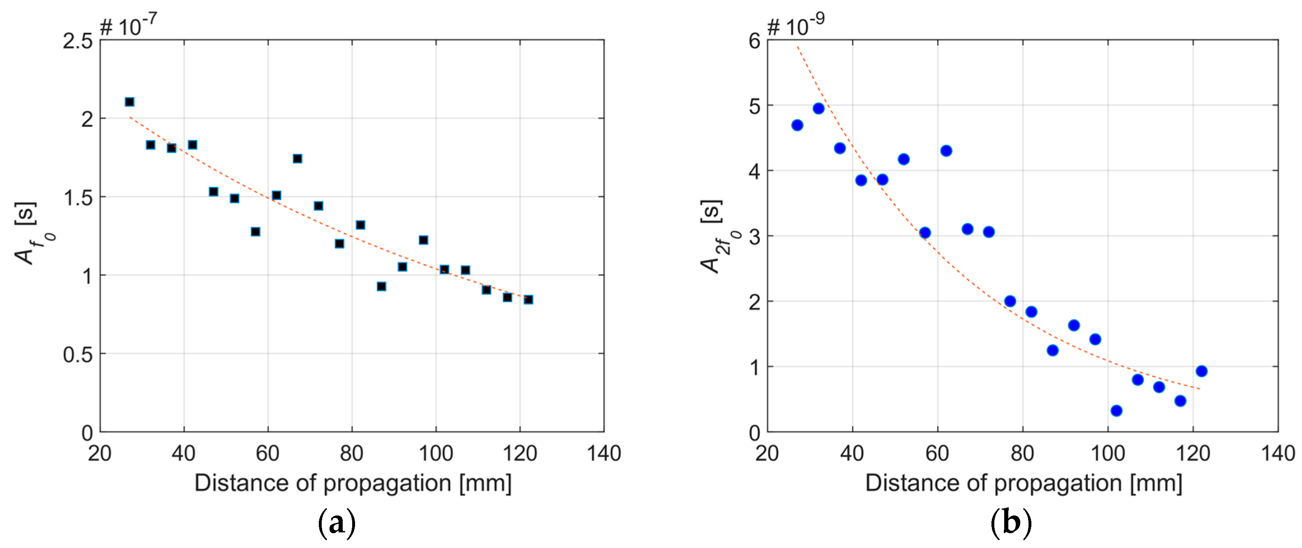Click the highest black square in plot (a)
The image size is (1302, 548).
point(129,102)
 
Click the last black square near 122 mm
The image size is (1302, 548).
point(528,300)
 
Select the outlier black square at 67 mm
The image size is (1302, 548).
point(297,158)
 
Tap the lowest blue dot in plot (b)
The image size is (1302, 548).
point(1117,411)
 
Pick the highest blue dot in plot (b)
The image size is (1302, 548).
point(818,109)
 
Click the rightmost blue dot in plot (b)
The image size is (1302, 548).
point(1201,371)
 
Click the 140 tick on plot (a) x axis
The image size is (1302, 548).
point(603,453)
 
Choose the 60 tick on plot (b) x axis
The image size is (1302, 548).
point(937,453)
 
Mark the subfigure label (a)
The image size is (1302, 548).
point(337,523)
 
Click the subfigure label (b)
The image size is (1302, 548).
point(1010,523)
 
